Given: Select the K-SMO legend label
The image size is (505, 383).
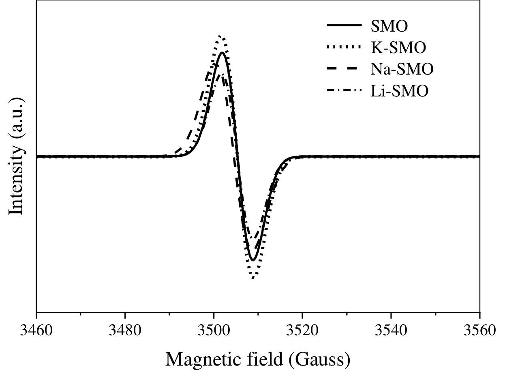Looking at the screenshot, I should (398, 48).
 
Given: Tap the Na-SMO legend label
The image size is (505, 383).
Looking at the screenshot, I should (402, 69).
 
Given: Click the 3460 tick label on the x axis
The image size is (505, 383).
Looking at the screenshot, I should (36, 331).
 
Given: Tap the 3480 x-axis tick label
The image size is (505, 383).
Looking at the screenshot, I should (125, 331).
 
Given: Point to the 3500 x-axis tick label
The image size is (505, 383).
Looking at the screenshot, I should (214, 331).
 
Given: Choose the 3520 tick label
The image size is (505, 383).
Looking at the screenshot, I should (302, 331).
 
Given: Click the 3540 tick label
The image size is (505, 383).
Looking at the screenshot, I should (391, 331).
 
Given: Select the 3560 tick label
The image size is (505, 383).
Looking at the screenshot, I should (479, 331).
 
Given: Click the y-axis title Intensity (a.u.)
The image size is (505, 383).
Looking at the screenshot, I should (17, 156).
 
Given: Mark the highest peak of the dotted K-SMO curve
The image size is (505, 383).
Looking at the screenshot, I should (220, 36).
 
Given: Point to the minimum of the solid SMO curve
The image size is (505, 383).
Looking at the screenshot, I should (253, 260).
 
